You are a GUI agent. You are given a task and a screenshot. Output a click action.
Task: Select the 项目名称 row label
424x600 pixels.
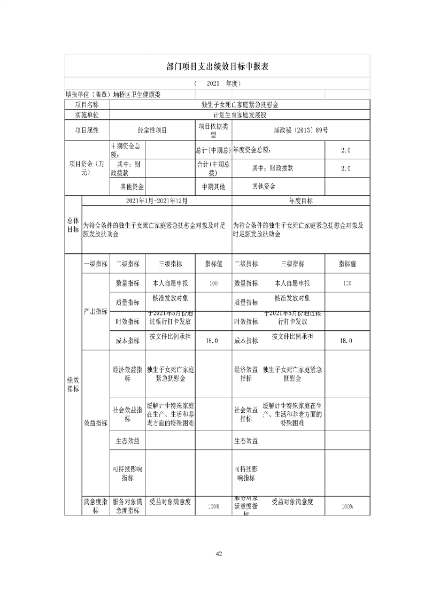(86, 105)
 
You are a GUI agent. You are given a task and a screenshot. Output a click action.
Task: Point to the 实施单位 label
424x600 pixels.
(86, 114)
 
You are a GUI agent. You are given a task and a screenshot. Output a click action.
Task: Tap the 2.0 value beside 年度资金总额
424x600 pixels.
(345, 150)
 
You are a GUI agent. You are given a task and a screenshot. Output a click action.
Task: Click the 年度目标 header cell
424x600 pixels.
(300, 201)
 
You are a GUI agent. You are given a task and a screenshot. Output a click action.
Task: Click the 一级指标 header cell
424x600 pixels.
(95, 264)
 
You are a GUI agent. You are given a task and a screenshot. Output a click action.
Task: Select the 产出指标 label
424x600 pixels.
(95, 311)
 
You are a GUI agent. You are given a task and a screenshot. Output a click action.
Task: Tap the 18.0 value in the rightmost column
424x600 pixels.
(345, 341)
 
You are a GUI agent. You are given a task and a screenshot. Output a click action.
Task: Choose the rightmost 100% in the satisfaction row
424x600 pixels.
(346, 506)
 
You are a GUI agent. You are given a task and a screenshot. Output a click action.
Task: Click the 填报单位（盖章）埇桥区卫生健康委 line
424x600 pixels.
(113, 95)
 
